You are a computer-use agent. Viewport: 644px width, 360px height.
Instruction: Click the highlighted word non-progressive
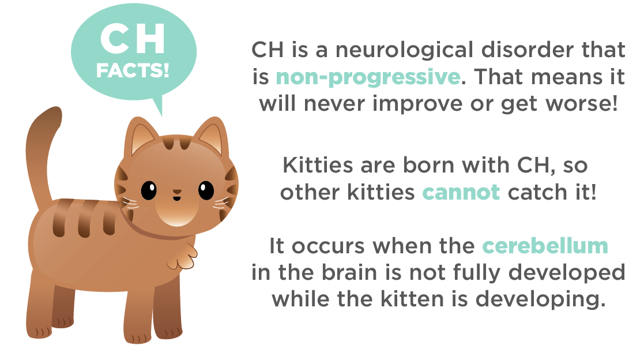point(368,78)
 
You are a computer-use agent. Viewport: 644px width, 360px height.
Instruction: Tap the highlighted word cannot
point(461,192)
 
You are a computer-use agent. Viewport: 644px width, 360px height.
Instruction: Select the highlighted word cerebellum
point(545,246)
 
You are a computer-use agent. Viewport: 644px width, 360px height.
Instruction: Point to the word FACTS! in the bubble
point(133,70)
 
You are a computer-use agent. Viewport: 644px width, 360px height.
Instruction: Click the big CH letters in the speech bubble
point(132,39)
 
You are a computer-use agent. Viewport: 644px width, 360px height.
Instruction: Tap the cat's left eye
point(149,190)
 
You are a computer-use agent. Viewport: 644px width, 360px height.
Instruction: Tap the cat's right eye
point(206,190)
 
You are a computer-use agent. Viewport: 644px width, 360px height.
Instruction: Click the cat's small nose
point(176,192)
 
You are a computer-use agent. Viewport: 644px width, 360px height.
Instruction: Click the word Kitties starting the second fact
point(318,165)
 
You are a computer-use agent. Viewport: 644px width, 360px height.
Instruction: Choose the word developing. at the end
point(541,299)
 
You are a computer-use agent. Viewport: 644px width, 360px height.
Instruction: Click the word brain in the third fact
point(349,272)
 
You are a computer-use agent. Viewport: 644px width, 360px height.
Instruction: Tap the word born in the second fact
point(428,165)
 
